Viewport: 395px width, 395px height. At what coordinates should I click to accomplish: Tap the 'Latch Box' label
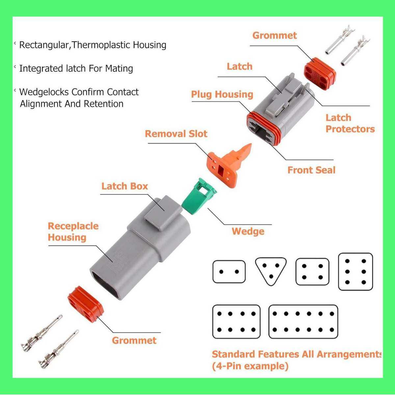click(124, 186)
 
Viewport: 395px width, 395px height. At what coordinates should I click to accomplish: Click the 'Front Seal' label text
click(311, 170)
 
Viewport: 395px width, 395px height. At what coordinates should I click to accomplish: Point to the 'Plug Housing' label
click(222, 94)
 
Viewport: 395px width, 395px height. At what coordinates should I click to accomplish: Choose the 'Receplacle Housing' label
click(73, 232)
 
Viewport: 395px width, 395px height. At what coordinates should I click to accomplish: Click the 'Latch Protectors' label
click(350, 123)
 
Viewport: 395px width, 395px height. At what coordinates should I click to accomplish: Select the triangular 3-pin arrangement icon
click(271, 271)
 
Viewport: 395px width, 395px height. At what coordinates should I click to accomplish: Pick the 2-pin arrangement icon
click(229, 272)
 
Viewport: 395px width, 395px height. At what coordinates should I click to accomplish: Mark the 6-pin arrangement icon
click(355, 272)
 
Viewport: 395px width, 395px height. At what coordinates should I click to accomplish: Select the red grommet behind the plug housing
click(320, 74)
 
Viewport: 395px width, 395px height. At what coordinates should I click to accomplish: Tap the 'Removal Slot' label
click(176, 134)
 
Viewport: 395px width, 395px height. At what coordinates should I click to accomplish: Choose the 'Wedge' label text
click(248, 231)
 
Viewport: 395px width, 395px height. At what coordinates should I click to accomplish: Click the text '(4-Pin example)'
click(250, 366)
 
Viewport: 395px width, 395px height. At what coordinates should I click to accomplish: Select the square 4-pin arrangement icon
click(312, 272)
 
